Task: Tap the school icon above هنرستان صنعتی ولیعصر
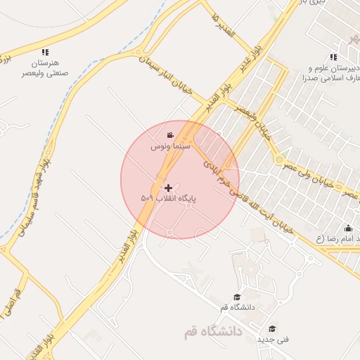tap(46, 52)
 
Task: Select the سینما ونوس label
tap(169, 148)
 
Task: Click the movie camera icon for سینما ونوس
tap(169, 135)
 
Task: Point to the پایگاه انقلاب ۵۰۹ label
tap(168, 199)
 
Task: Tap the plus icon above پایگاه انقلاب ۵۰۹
tap(168, 188)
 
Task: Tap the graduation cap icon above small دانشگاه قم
tap(237, 297)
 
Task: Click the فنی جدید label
tap(272, 339)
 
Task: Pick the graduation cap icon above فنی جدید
tap(272, 328)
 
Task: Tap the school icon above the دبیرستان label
tap(333, 57)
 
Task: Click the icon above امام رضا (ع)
tap(348, 228)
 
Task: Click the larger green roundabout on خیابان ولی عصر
tap(281, 160)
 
